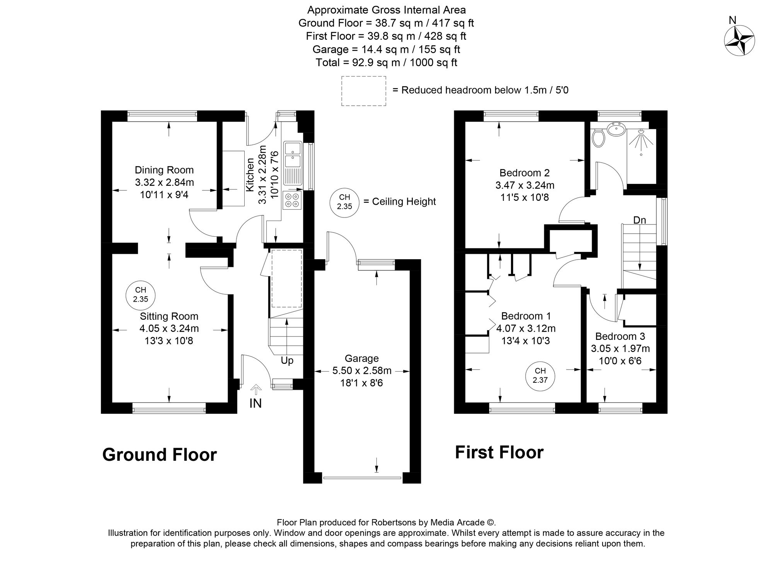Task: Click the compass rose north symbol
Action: [739, 40]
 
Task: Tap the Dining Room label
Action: [164, 170]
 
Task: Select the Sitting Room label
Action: [169, 316]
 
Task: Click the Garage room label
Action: [362, 358]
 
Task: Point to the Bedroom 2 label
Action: [524, 173]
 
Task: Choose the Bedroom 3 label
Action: [620, 336]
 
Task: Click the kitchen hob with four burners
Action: [292, 200]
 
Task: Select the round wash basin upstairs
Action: [617, 129]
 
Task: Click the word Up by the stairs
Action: [287, 361]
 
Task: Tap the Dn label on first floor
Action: [640, 220]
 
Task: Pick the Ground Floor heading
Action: [160, 455]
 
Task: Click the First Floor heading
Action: [499, 452]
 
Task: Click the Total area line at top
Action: [386, 63]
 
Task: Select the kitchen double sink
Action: [293, 154]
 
